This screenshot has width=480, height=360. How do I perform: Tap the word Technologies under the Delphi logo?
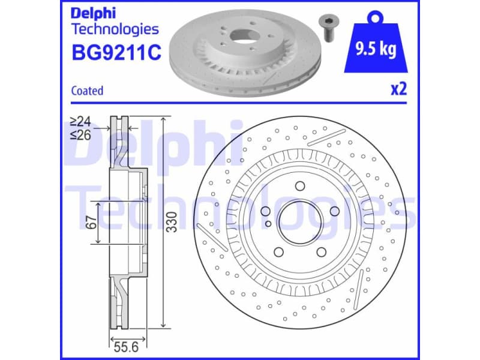click(115, 29)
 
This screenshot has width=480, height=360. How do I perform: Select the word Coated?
click(87, 91)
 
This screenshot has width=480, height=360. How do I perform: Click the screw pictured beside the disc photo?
click(328, 26)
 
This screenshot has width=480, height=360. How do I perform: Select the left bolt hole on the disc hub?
click(265, 211)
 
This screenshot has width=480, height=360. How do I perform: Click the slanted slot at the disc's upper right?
click(326, 137)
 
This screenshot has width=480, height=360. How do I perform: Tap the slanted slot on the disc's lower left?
click(211, 239)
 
